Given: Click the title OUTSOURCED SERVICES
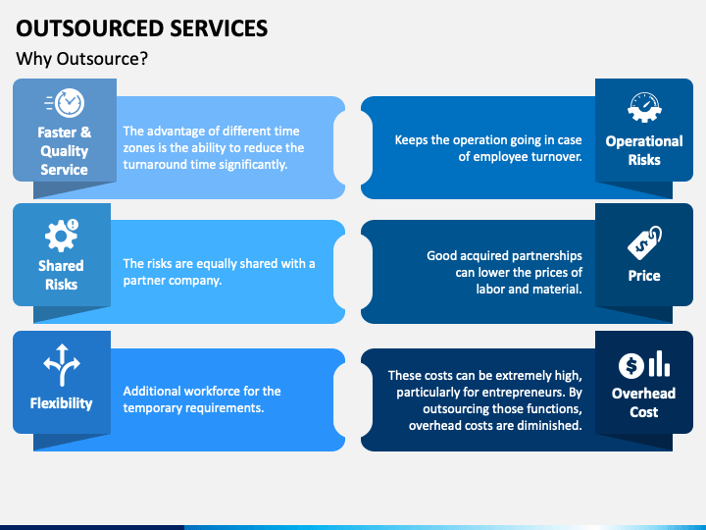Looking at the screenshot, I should coord(142,27).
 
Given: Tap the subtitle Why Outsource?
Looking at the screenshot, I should coord(82,59).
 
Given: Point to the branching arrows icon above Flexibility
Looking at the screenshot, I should coord(62,365).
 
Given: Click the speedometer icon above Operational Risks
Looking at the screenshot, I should coord(644,107).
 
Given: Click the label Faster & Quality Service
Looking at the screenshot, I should coord(64,150).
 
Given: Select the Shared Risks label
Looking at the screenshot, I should coord(61,275).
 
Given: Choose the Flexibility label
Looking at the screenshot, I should coord(61,402).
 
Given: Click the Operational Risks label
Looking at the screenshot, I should coord(644,150).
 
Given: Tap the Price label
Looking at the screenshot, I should coord(644,276).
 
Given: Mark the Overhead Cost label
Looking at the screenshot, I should coord(643,402).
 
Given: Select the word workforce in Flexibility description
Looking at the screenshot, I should coord(214,391).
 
